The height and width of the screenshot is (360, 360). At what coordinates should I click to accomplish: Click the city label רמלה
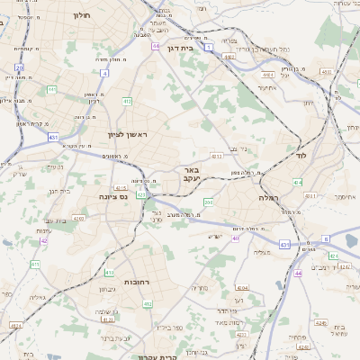[x=269, y=197]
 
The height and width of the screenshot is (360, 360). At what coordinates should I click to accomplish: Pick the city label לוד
[x=301, y=156]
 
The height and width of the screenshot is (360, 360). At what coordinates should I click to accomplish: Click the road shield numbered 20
[x=19, y=67]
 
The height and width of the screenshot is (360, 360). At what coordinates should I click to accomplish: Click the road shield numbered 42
[x=43, y=240]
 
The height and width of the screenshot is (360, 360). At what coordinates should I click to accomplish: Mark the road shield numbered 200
[x=208, y=202]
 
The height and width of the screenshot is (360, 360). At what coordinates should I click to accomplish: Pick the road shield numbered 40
[x=235, y=238]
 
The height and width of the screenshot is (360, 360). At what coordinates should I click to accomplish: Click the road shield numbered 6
[x=325, y=238]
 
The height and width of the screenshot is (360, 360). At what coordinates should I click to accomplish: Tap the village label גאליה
[x=37, y=297]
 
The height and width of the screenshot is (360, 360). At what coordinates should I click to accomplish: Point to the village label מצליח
[x=261, y=253]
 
